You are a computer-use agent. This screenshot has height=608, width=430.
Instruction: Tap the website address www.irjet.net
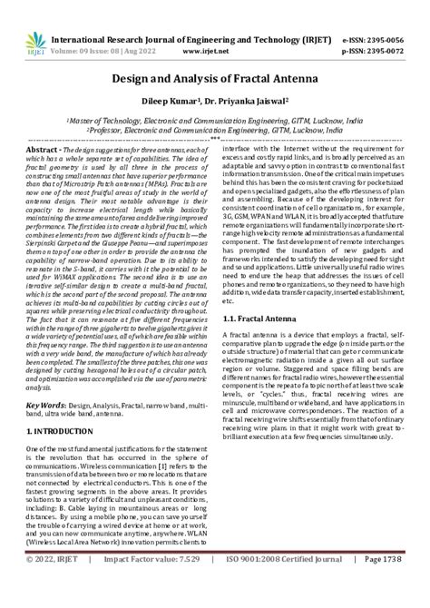pyautogui.click(x=213, y=27)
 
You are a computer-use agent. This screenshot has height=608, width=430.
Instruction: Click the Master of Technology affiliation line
pyautogui.click(x=215, y=119)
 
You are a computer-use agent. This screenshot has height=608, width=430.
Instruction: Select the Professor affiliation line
pyautogui.click(x=215, y=130)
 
